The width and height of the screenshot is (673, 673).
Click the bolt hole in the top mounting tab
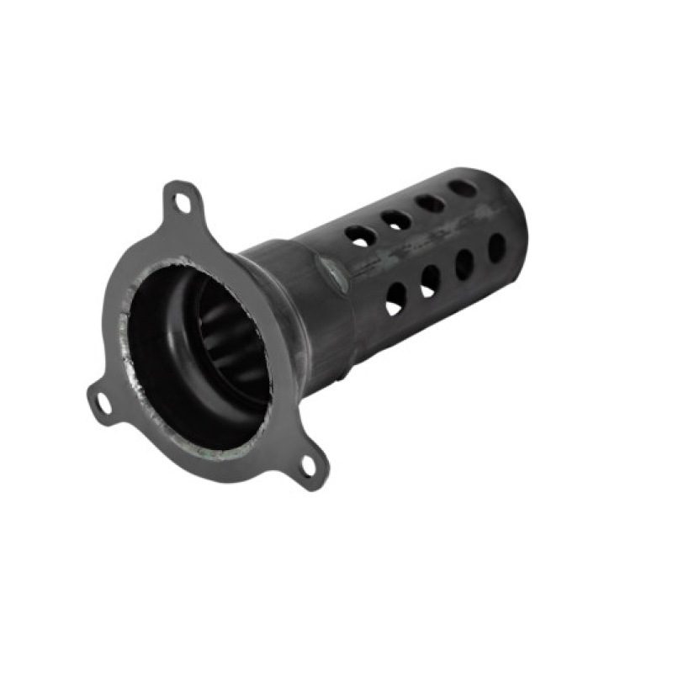click(182, 203)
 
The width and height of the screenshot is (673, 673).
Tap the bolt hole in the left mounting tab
click(103, 403)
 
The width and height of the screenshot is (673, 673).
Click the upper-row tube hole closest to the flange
click(360, 236)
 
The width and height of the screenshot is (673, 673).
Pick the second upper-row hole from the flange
click(395, 220)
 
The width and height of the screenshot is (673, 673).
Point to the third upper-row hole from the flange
click(430, 203)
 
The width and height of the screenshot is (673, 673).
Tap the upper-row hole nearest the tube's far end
click(463, 188)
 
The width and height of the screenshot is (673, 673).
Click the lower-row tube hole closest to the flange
click(395, 299)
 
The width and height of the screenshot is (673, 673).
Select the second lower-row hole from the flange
click(430, 280)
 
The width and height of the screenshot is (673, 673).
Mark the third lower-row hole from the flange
click(464, 264)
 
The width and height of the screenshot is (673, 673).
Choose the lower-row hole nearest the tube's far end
click(496, 247)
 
